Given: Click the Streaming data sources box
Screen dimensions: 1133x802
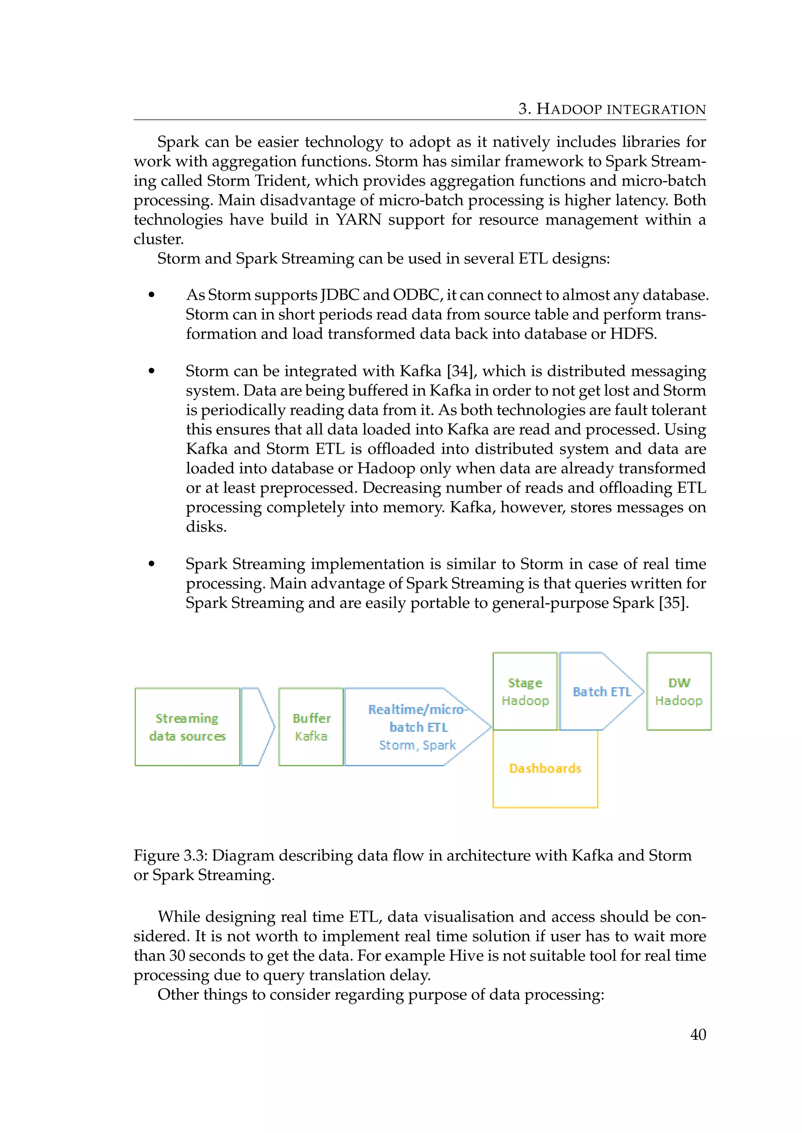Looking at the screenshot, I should [187, 727].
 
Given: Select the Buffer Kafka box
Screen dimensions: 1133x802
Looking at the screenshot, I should [311, 727].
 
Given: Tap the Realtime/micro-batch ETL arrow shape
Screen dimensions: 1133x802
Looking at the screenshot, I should [417, 727].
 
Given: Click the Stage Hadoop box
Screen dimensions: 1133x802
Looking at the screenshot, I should [525, 691].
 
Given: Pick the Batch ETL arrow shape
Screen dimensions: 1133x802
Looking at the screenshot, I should [601, 691].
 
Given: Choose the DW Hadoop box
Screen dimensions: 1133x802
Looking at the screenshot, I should [679, 691].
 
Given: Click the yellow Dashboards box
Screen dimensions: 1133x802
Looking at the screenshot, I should [545, 768].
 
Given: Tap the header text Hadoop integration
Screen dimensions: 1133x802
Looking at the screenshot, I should [621, 109].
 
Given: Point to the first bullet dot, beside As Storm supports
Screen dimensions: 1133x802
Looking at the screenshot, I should [152, 295].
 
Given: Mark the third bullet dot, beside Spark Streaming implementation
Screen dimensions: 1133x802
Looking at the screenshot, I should [152, 564].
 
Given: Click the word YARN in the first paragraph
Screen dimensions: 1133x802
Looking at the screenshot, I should [359, 219].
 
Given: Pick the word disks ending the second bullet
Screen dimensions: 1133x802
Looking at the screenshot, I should [206, 527].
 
